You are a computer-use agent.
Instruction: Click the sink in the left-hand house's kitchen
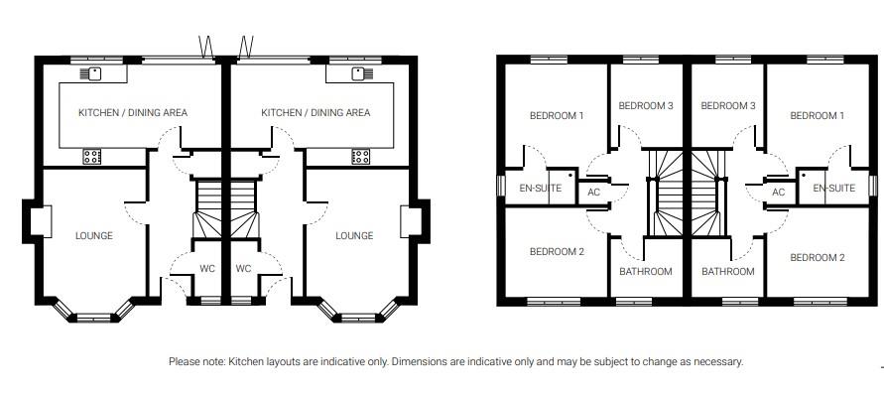95,73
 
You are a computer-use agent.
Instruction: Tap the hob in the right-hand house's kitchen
360,155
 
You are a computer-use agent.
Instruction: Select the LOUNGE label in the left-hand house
94,235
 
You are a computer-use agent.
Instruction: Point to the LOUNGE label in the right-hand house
354,235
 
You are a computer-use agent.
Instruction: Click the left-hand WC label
206,268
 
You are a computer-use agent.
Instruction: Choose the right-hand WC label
244,268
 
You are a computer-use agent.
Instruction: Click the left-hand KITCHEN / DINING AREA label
133,113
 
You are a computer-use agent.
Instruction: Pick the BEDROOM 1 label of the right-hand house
817,116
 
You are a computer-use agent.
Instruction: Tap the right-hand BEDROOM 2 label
817,258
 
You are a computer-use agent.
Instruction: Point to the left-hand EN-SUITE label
541,188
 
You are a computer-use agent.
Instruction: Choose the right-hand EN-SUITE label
833,188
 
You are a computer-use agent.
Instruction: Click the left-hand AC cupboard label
594,193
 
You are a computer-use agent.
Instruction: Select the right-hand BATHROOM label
727,271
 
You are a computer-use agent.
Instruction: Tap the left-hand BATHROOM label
645,271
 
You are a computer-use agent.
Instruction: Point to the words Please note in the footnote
196,361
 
